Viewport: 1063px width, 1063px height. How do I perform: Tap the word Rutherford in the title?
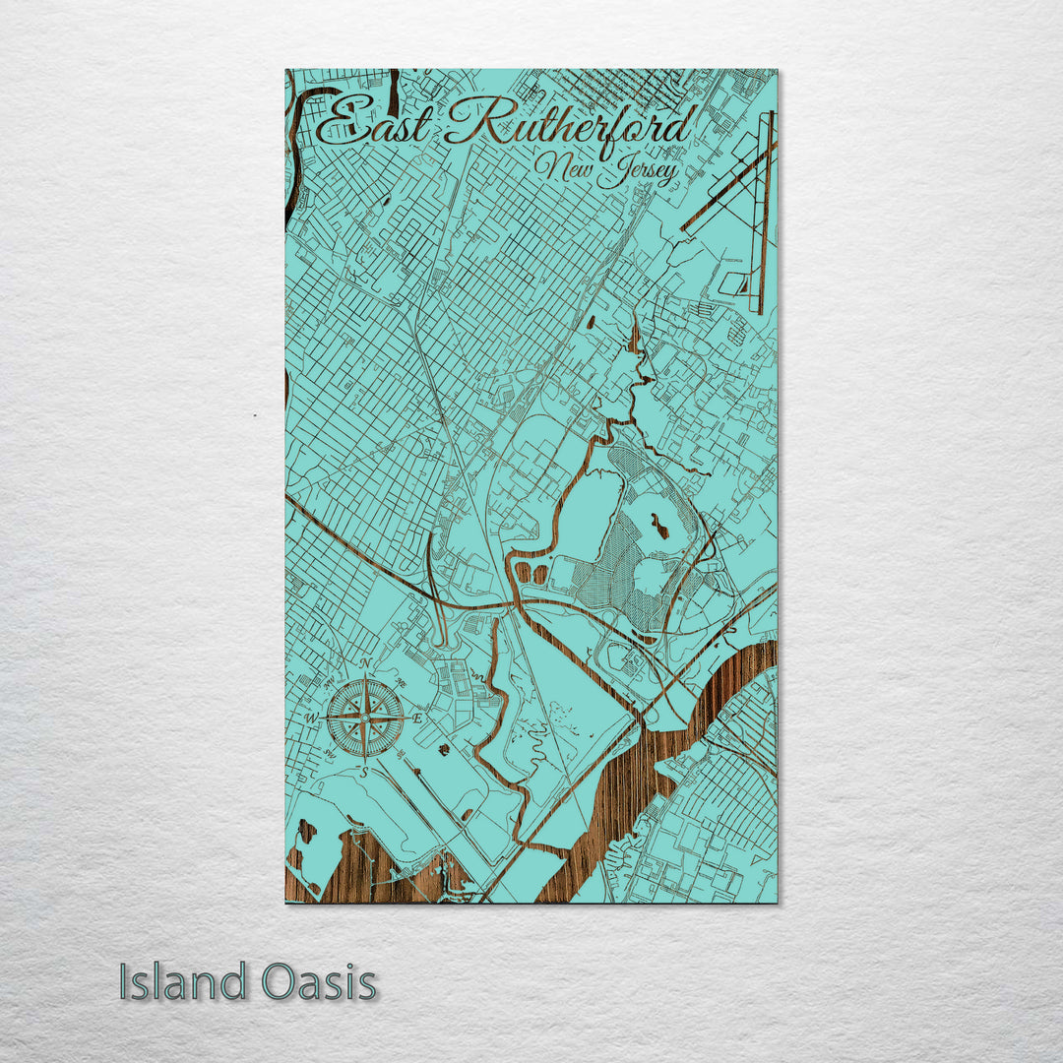coord(571,125)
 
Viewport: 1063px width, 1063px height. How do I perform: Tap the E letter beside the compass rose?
coord(417,719)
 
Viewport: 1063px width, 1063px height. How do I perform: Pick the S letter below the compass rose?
coord(363,773)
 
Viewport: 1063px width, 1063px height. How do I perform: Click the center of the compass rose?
coord(364,719)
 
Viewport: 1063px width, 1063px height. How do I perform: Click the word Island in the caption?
coord(183,982)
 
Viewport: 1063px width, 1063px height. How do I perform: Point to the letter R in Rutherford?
coord(470,124)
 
